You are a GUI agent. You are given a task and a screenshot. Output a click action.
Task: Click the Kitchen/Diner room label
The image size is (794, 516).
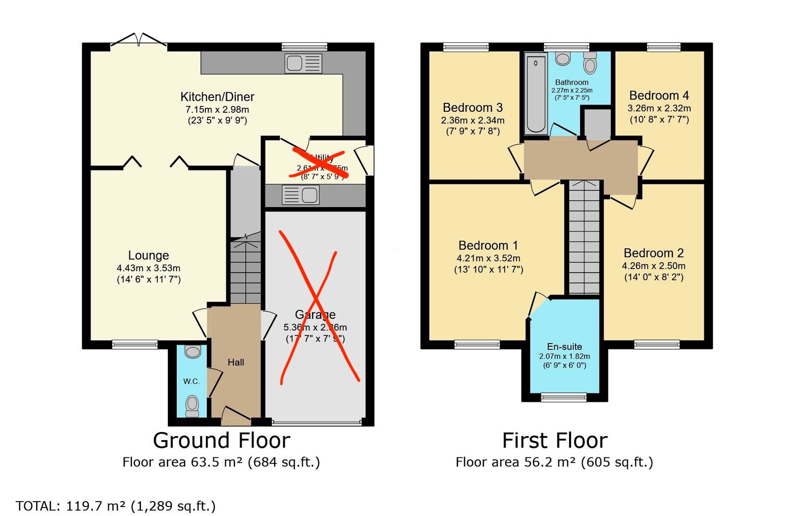coord(217,97)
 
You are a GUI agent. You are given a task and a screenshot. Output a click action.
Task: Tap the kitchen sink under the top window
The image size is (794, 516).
coord(303,64)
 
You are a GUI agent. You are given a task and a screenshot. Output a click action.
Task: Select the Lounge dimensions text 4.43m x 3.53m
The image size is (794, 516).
coord(148,268)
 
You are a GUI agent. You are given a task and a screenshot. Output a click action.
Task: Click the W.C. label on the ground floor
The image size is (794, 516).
coord(191,381)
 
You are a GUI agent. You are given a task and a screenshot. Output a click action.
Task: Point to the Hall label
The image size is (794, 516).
coord(236,363)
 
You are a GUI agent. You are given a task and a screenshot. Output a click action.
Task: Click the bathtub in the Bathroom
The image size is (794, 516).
coord(535,94)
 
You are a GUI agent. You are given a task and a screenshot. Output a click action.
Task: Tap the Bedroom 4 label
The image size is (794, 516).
coord(659,95)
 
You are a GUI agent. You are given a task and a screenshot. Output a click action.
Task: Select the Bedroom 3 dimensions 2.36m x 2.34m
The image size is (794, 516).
coord(472,120)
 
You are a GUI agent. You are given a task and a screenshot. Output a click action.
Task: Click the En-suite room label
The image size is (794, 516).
coord(564,347)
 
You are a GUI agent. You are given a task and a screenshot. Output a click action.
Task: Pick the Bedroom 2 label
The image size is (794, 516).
coord(654,253)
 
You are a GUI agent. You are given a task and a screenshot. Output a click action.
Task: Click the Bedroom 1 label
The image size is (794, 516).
coord(488,245)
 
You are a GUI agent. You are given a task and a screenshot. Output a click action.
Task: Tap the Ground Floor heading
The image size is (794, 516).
coord(221,441)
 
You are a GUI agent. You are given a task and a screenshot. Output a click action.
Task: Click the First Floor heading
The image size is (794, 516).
coord(554,441)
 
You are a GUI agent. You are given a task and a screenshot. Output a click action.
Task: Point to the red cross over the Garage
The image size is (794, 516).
coord(318,308)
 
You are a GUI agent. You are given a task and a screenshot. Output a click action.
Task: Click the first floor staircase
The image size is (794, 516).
coord(584,238)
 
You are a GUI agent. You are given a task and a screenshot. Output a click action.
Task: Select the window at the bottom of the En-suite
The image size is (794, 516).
coord(563,397)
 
